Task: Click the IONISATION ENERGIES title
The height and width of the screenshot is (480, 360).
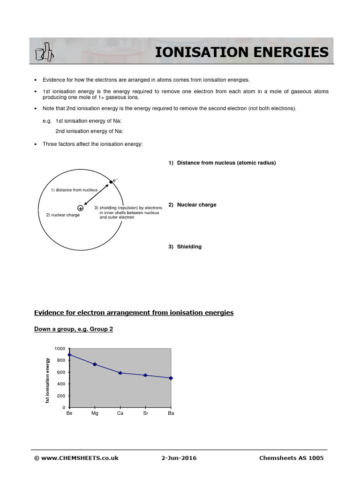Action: (242, 52)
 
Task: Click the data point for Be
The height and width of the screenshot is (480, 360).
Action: (69, 355)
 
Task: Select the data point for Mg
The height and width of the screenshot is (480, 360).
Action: (95, 364)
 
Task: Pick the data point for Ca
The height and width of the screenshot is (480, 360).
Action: (120, 373)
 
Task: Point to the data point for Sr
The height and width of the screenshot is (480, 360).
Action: (145, 375)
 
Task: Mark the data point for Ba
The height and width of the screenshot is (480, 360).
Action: (171, 378)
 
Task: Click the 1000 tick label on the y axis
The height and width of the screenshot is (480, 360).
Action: (60, 349)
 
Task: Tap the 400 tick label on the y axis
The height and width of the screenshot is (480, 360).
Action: (61, 384)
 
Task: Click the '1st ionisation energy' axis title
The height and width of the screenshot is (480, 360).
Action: (47, 380)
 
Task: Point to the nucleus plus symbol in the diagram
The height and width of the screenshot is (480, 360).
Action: (81, 208)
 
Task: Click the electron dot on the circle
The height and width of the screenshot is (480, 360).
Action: (111, 182)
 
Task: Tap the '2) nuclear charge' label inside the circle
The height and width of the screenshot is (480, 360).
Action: (63, 215)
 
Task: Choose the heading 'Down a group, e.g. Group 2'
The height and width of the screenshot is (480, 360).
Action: (74, 329)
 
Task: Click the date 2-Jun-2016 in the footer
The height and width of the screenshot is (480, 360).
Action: (179, 458)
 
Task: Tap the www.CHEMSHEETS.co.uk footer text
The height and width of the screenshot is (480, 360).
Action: (76, 458)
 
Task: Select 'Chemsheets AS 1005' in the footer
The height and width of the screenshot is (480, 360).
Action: (291, 458)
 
